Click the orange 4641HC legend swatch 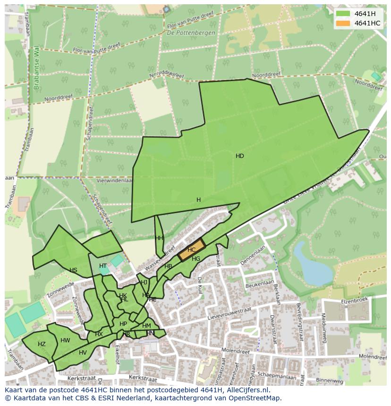(x=343, y=23)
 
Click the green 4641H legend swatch (x=343, y=14)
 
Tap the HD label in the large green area (x=240, y=156)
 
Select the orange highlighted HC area (x=191, y=250)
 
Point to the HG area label (x=196, y=259)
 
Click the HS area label (x=73, y=270)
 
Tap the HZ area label (x=42, y=344)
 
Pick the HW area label (x=65, y=340)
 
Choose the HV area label (x=83, y=353)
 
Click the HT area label (x=103, y=266)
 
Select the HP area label (x=123, y=324)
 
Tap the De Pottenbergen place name (x=191, y=33)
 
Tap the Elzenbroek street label (x=354, y=299)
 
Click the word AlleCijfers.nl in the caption (x=246, y=390)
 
